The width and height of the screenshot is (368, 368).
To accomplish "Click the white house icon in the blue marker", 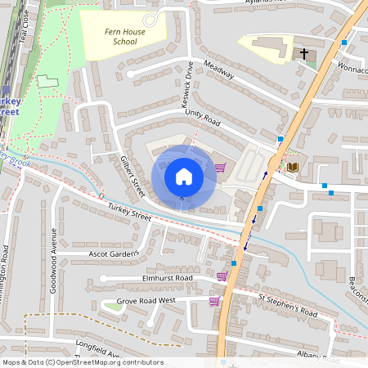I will [183, 177].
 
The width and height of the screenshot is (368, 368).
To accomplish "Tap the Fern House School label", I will [114, 36].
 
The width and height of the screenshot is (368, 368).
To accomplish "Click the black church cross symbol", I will [304, 54].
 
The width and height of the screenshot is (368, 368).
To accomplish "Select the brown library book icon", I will [293, 167].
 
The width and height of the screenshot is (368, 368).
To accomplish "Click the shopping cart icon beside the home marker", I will [220, 168].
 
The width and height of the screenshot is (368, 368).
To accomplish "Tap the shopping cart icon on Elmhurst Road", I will [222, 276].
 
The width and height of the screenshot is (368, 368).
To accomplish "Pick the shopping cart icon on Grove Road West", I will [214, 301].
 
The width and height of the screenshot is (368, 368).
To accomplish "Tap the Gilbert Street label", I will [132, 177].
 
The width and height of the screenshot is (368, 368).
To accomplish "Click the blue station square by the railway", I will [7, 92].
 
